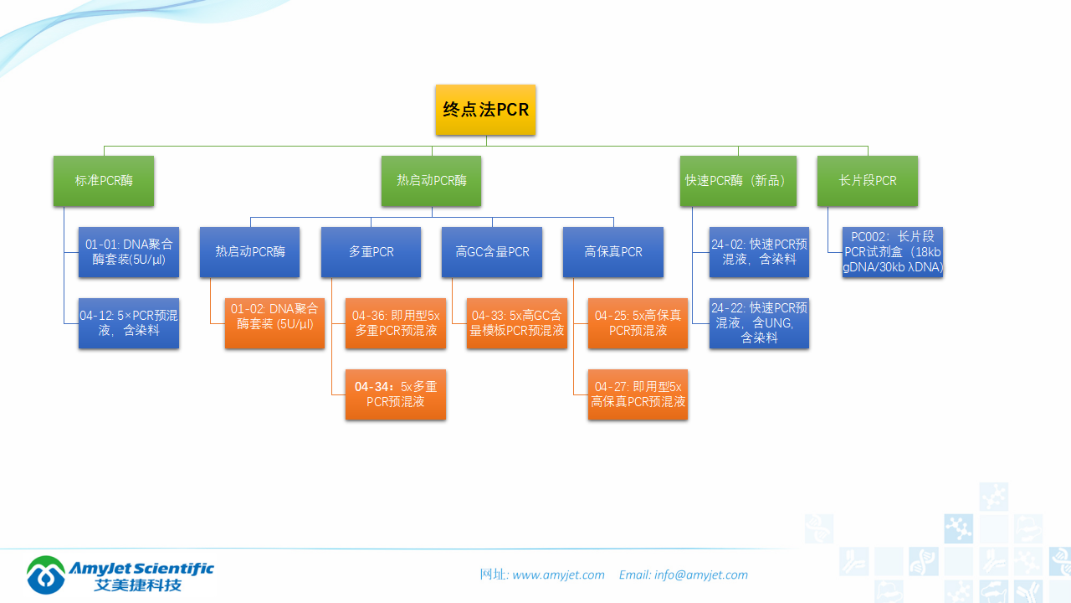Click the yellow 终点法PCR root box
coord(485,110)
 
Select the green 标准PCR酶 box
coord(104,181)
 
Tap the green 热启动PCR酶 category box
coord(431,181)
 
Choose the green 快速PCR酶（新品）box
coord(738,181)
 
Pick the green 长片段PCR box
coord(868,181)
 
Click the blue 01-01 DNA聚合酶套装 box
coord(129,252)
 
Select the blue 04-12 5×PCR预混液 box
coord(129,323)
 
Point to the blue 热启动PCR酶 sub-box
coord(250,252)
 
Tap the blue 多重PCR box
coord(371,252)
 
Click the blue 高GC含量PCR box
coord(492,252)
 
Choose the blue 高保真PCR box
coord(613,252)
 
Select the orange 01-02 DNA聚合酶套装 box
coord(274,323)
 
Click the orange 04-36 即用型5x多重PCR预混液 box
coord(396,323)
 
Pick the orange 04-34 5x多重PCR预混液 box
coord(396,394)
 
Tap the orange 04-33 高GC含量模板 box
coord(517,323)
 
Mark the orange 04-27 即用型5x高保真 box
coord(638,394)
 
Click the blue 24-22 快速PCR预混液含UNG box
coord(759,323)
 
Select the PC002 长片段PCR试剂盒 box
coord(893,252)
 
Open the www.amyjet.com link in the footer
coord(558,575)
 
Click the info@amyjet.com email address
coord(700,575)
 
